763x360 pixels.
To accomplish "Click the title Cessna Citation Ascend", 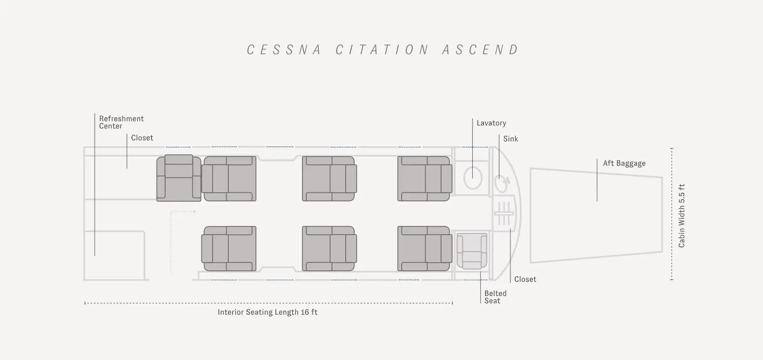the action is (x=383, y=50).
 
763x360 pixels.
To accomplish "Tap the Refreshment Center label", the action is (x=121, y=122).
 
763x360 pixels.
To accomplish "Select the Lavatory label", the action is (x=491, y=123).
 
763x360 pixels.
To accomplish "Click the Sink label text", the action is (x=510, y=139).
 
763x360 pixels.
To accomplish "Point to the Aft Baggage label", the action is (x=624, y=163).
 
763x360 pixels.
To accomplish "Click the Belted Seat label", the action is (x=495, y=297).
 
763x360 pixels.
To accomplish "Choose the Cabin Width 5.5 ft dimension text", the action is (x=681, y=216).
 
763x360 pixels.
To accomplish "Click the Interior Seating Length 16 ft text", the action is (x=268, y=312).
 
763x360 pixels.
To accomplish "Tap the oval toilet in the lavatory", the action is (x=472, y=178).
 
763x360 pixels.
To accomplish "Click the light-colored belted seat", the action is (x=472, y=251).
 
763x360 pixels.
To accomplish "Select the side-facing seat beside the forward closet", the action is (x=179, y=178).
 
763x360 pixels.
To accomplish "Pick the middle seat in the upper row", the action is (x=329, y=178).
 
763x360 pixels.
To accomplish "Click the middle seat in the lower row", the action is (x=329, y=249).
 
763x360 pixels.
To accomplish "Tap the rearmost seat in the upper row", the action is (x=425, y=178).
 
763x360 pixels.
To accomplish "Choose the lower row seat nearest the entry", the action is (x=229, y=249).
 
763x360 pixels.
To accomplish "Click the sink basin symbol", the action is (x=501, y=183).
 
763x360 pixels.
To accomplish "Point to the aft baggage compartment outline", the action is (x=530, y=215).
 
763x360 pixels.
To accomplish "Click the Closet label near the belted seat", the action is (x=525, y=279).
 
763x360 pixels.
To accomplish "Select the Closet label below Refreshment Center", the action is (x=142, y=138).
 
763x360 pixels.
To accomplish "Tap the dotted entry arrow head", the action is (x=194, y=212).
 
